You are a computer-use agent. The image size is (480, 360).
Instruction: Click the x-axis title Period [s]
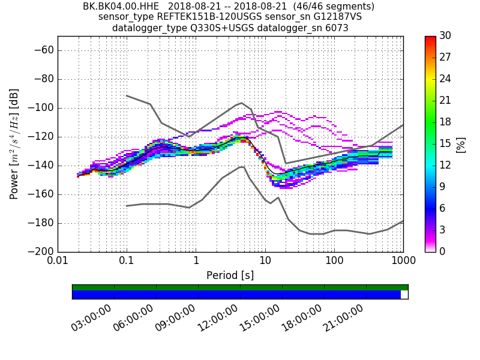pyautogui.click(x=230, y=275)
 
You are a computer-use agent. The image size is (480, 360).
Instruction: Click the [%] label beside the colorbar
pyautogui.click(x=461, y=144)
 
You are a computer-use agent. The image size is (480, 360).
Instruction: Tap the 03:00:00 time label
pyautogui.click(x=91, y=317)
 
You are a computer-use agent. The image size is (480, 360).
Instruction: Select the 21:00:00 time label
pyautogui.click(x=343, y=317)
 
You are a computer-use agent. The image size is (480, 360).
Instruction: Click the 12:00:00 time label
pyautogui.click(x=217, y=317)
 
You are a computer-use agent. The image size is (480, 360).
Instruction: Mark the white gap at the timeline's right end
pyautogui.click(x=404, y=295)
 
